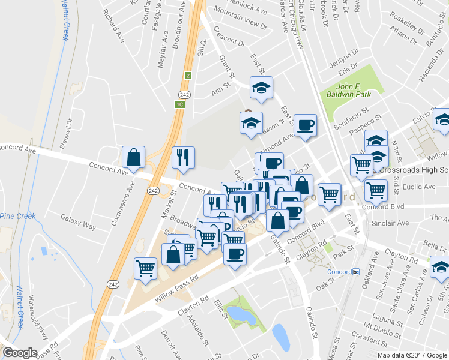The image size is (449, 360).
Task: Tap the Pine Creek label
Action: [x=17, y=216]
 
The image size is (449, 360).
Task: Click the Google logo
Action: [x=20, y=352]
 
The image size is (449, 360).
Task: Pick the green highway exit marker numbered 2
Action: [x=188, y=76]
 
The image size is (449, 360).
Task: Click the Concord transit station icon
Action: [x=355, y=271]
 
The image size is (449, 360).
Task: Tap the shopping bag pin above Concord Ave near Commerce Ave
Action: [x=133, y=157]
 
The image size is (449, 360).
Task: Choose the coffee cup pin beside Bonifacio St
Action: [x=305, y=125]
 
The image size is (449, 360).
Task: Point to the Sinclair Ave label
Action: [x=390, y=223]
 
